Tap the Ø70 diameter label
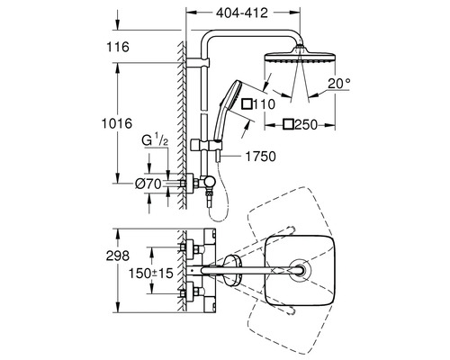coord(149,183)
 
